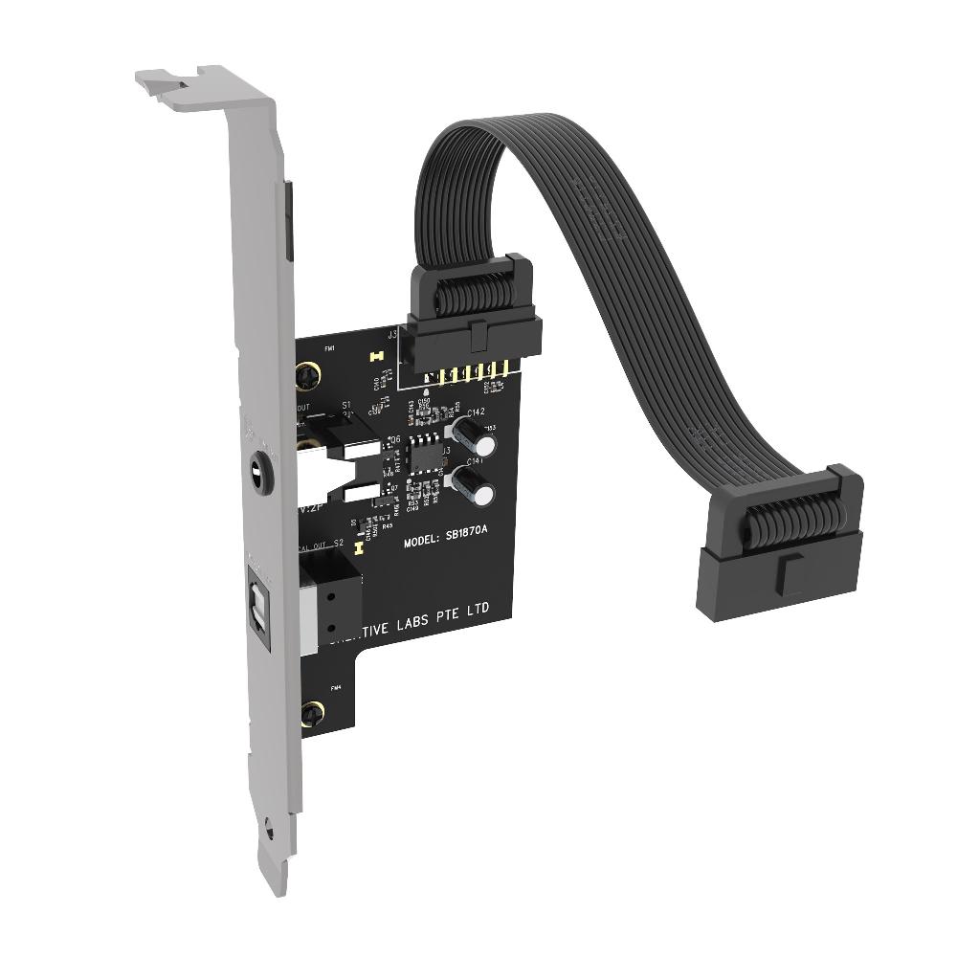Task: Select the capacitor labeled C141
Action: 476,486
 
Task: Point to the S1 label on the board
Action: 346,404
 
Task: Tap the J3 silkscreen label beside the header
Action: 392,336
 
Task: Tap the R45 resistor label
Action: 387,525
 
